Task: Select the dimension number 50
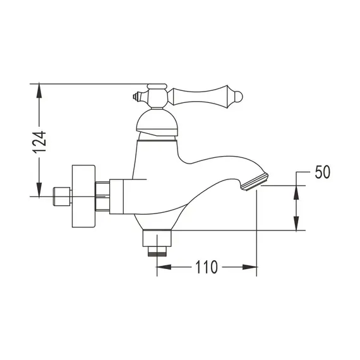pyautogui.click(x=323, y=172)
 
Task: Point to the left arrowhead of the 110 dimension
pyautogui.click(x=161, y=267)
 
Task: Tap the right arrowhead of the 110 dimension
pyautogui.click(x=252, y=267)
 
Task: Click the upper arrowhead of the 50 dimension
pyautogui.click(x=296, y=191)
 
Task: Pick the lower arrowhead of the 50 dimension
pyautogui.click(x=296, y=224)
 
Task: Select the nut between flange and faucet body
pyautogui.click(x=102, y=195)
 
